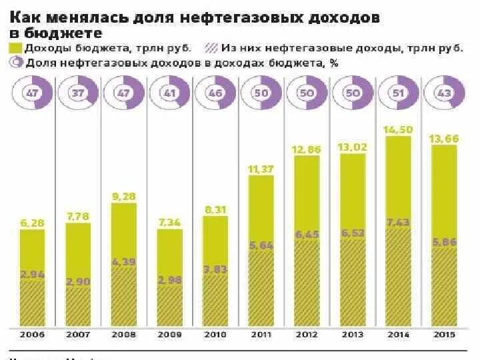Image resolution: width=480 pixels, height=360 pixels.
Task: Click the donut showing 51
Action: pyautogui.click(x=398, y=94)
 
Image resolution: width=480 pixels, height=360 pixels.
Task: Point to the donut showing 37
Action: pyautogui.click(x=78, y=94)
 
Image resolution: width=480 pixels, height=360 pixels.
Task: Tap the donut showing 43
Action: pyautogui.click(x=443, y=94)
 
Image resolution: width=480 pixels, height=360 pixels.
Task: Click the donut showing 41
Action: pyautogui.click(x=169, y=94)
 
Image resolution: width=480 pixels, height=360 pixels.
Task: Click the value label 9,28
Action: pyautogui.click(x=124, y=196)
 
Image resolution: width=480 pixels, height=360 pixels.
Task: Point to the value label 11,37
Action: pyautogui.click(x=261, y=169)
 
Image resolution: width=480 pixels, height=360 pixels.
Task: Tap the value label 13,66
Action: pyautogui.click(x=443, y=137)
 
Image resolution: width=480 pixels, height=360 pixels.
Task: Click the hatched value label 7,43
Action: pyautogui.click(x=398, y=222)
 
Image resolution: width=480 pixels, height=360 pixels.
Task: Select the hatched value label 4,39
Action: pyautogui.click(x=124, y=261)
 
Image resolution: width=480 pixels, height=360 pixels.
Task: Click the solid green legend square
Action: pyautogui.click(x=15, y=48)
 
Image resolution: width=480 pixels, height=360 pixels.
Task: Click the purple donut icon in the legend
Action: pyautogui.click(x=15, y=63)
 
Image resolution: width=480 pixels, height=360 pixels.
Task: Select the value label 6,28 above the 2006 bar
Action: pyautogui.click(x=32, y=223)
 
